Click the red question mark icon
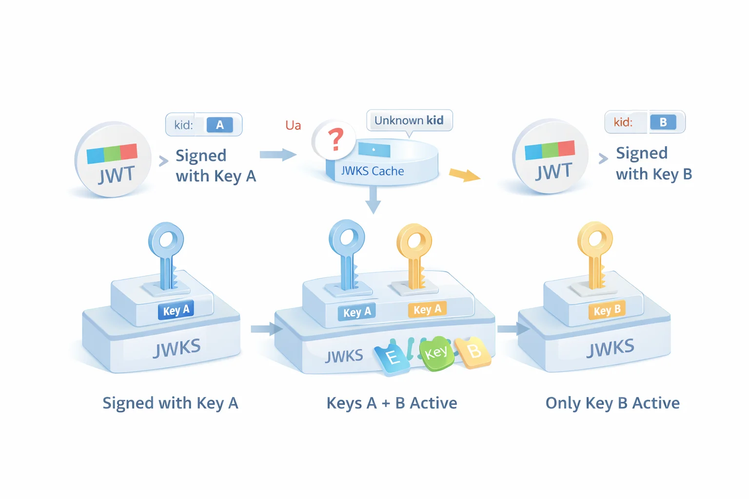pyautogui.click(x=335, y=139)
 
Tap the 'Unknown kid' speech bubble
pyautogui.click(x=409, y=120)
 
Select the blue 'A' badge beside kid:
pyautogui.click(x=219, y=125)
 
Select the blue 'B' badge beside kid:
pyautogui.click(x=663, y=122)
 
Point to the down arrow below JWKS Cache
pyautogui.click(x=373, y=200)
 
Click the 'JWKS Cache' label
pyautogui.click(x=372, y=171)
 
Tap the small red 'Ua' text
pyautogui.click(x=293, y=125)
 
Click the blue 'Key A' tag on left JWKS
pyautogui.click(x=176, y=310)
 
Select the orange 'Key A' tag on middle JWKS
pyautogui.click(x=427, y=309)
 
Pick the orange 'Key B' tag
pyautogui.click(x=607, y=310)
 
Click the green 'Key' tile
pyautogui.click(x=435, y=353)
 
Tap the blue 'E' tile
pyautogui.click(x=392, y=358)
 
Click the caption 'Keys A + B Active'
pyautogui.click(x=392, y=403)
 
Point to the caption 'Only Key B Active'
pyautogui.click(x=612, y=403)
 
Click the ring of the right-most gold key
pyautogui.click(x=595, y=239)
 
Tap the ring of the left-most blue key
pyautogui.click(x=166, y=240)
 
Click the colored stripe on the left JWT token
pyautogui.click(x=112, y=154)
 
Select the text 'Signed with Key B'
pyautogui.click(x=653, y=163)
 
